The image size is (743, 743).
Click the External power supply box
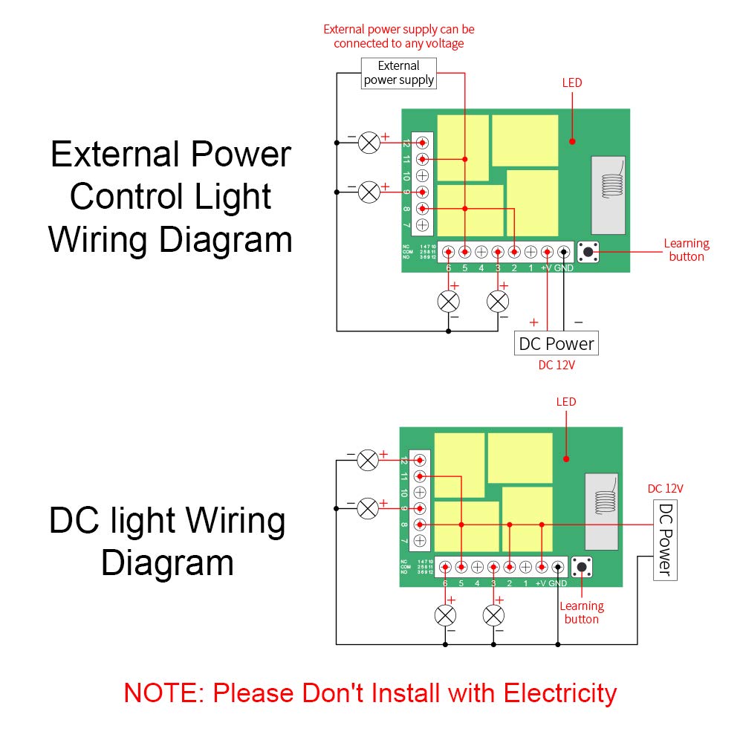(x=399, y=73)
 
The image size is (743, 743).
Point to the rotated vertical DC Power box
(x=666, y=540)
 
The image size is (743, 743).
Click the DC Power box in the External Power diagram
(x=556, y=343)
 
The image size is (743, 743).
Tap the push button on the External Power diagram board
(x=588, y=252)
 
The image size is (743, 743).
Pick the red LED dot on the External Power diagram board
(x=572, y=140)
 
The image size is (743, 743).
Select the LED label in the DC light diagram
(x=566, y=402)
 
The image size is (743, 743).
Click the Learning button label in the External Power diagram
(x=687, y=250)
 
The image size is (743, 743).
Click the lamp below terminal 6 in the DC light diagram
(x=445, y=615)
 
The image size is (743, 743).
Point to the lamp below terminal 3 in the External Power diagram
(x=497, y=302)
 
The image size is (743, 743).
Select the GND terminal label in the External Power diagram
(x=564, y=268)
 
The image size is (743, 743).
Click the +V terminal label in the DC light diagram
(x=542, y=584)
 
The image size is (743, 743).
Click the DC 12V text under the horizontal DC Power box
(x=557, y=366)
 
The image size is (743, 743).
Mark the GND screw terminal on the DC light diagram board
(x=557, y=567)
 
